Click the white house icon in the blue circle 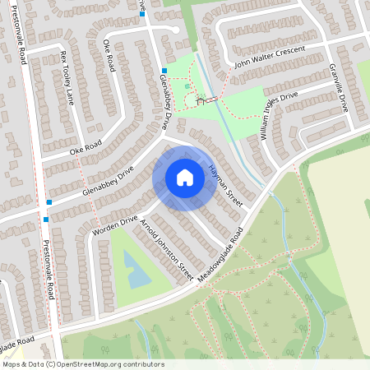[x=185, y=178]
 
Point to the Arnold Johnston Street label [x=167, y=250]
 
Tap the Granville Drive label [x=338, y=88]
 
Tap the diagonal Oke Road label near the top [x=108, y=57]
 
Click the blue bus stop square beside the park [x=164, y=71]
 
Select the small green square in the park [x=187, y=86]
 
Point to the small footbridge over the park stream [x=212, y=99]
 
